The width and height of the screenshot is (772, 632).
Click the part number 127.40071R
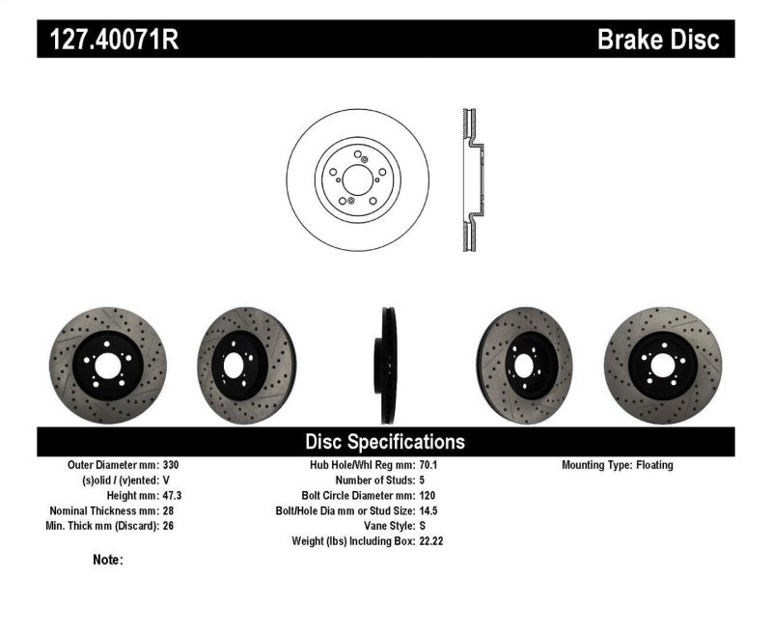coord(108,40)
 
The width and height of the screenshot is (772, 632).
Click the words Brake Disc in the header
coord(659,40)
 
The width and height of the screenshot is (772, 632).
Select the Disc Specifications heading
coord(385,442)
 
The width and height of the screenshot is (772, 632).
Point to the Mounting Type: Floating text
coord(618,465)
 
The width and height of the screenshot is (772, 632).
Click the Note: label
coord(108,560)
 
